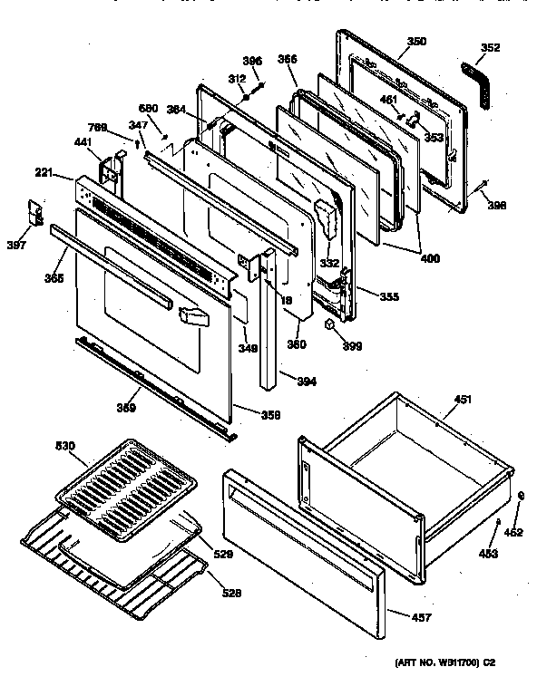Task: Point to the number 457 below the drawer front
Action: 421,618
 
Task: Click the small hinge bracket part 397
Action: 36,213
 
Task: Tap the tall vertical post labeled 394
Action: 268,326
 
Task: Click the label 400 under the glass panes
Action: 430,258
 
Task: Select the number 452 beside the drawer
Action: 513,532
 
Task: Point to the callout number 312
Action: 237,79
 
